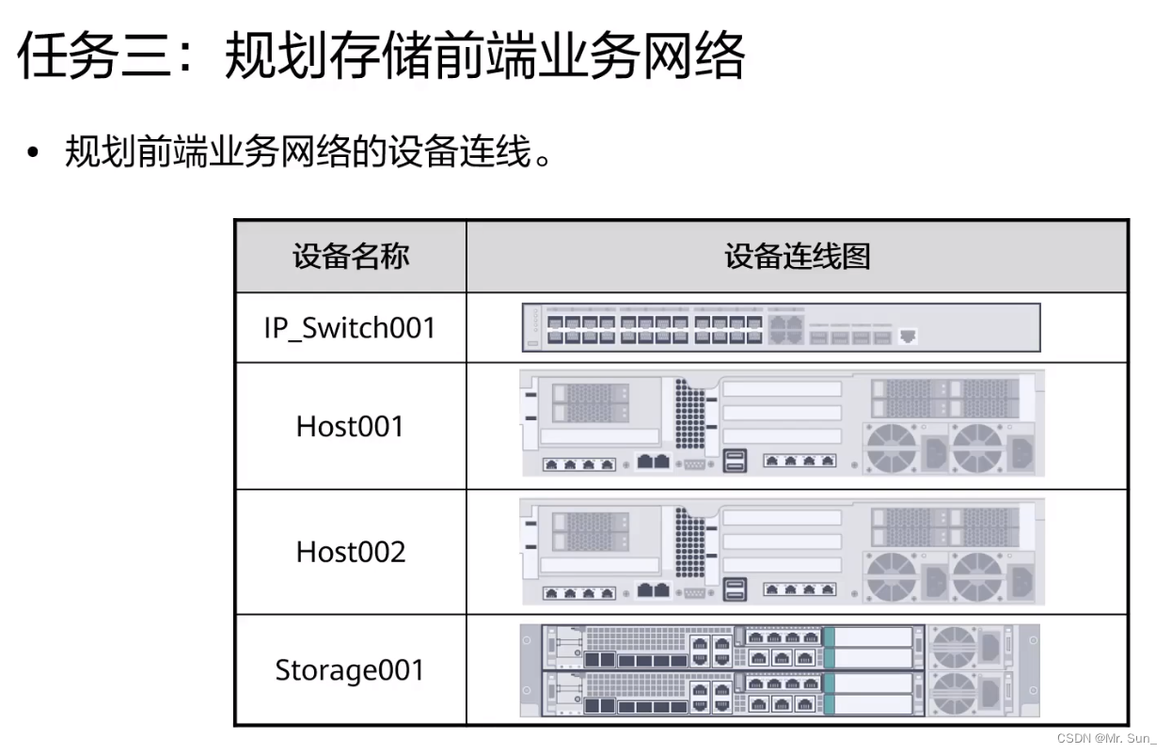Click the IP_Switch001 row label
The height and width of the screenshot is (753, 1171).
(350, 328)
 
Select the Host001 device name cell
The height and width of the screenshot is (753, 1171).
(350, 427)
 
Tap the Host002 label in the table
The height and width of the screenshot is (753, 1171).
(350, 552)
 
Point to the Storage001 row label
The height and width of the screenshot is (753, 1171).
(350, 671)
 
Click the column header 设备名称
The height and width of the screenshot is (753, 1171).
(350, 257)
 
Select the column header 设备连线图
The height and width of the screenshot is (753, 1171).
(797, 257)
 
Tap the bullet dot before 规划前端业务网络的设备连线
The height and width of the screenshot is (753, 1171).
(35, 153)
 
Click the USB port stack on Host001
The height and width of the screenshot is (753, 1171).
(735, 460)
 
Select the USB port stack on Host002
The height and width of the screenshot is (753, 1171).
(735, 588)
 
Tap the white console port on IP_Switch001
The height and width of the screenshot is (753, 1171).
(908, 336)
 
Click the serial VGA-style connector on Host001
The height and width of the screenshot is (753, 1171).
(694, 463)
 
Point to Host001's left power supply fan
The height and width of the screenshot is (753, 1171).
(892, 447)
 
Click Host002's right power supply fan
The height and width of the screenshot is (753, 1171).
(975, 575)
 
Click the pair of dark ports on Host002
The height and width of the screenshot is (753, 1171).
(653, 590)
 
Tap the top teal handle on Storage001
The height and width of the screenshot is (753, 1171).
(829, 647)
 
